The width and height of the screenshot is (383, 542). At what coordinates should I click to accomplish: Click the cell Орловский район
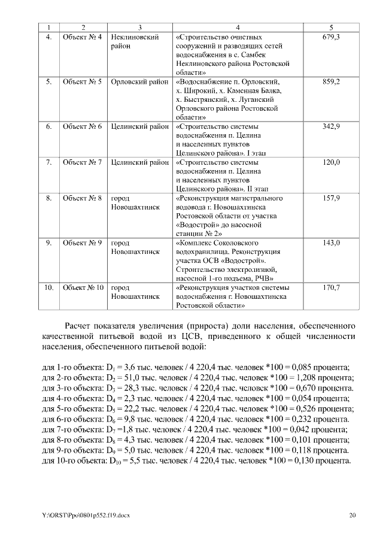[139, 81]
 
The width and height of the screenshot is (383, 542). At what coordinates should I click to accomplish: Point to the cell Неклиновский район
[135, 41]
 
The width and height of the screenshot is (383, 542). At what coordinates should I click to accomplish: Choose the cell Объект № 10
[84, 287]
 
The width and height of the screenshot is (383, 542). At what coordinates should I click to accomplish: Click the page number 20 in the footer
[352, 515]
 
